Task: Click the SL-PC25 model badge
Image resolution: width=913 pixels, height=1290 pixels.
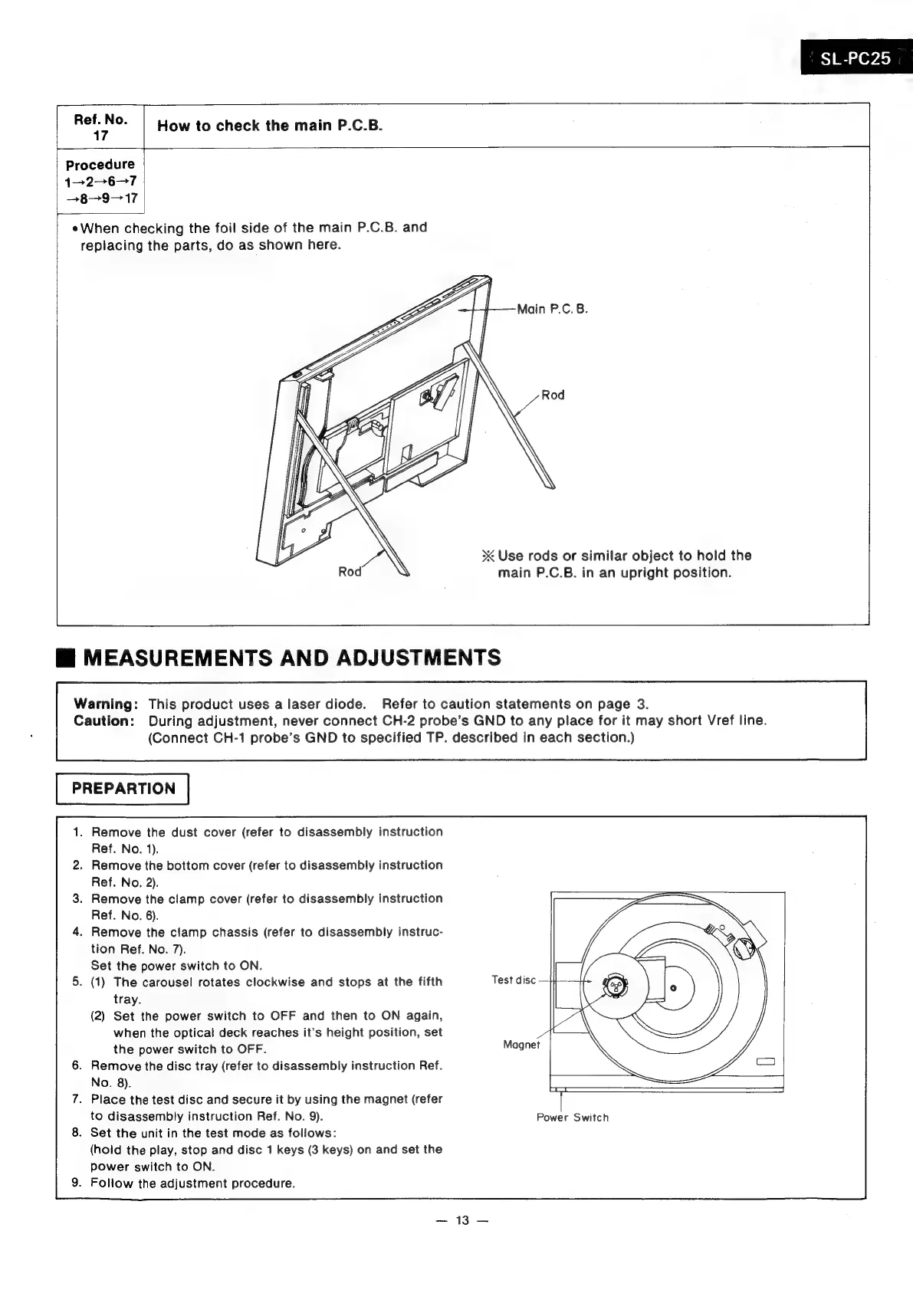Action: [x=855, y=59]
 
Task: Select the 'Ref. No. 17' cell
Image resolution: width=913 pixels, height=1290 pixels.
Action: [x=100, y=126]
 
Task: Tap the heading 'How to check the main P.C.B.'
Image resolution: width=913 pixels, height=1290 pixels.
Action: [x=269, y=126]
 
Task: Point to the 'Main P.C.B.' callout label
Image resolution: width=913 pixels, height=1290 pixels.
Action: [x=552, y=310]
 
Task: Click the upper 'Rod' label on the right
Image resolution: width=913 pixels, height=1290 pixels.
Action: [x=553, y=395]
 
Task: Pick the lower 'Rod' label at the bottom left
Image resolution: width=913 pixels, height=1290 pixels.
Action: [x=350, y=572]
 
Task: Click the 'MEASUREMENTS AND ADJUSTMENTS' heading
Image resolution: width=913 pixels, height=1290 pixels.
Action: [x=291, y=658]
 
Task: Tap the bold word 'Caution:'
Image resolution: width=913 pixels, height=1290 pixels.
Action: [x=105, y=720]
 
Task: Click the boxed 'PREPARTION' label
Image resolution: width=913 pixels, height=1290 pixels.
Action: [x=123, y=789]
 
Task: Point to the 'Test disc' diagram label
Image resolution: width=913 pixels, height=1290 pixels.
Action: [x=514, y=980]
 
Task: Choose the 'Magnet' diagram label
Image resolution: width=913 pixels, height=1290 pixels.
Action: [x=521, y=1045]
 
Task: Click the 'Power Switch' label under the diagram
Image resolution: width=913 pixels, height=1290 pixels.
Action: [x=573, y=1118]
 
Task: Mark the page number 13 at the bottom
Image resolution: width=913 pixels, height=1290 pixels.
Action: [x=461, y=1221]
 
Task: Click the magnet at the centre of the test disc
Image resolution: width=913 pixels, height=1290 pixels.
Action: [x=616, y=986]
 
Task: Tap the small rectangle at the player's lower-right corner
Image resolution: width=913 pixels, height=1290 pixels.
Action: [x=766, y=1062]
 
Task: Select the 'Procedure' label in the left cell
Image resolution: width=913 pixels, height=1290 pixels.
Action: [x=100, y=165]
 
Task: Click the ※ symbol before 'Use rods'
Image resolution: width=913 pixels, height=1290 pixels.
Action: [x=488, y=556]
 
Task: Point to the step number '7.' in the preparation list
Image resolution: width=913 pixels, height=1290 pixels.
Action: [x=77, y=1099]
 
